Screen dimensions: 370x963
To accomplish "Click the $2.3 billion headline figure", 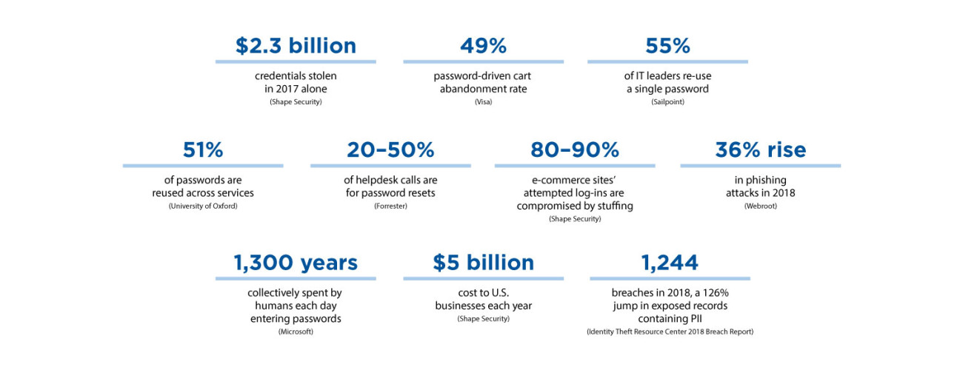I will click(x=296, y=46).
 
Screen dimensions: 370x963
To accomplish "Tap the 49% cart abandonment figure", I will click(x=483, y=46).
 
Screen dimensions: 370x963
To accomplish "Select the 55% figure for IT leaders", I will click(x=667, y=46).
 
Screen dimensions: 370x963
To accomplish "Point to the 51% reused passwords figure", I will click(x=203, y=150).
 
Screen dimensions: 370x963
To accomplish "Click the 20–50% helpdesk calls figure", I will click(x=390, y=150).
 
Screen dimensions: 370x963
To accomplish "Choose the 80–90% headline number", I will click(x=575, y=150).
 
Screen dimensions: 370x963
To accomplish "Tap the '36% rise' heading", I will click(x=760, y=150).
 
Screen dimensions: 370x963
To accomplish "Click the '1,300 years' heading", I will click(x=296, y=263).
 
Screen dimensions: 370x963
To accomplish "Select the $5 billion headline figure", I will click(x=483, y=263).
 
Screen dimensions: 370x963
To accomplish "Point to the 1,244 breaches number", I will click(x=670, y=263).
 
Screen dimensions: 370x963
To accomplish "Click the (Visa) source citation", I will click(x=483, y=101).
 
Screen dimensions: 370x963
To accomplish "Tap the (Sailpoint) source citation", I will click(x=667, y=101).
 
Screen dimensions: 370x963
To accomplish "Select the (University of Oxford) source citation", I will click(x=203, y=206).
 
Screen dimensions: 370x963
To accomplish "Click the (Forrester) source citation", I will click(x=390, y=206).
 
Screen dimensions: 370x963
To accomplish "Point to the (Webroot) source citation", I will click(x=760, y=206).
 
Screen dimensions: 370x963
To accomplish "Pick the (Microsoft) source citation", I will click(x=296, y=332).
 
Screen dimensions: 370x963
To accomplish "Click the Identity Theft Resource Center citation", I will click(x=670, y=332).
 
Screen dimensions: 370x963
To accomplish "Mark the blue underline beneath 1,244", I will click(x=670, y=279).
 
